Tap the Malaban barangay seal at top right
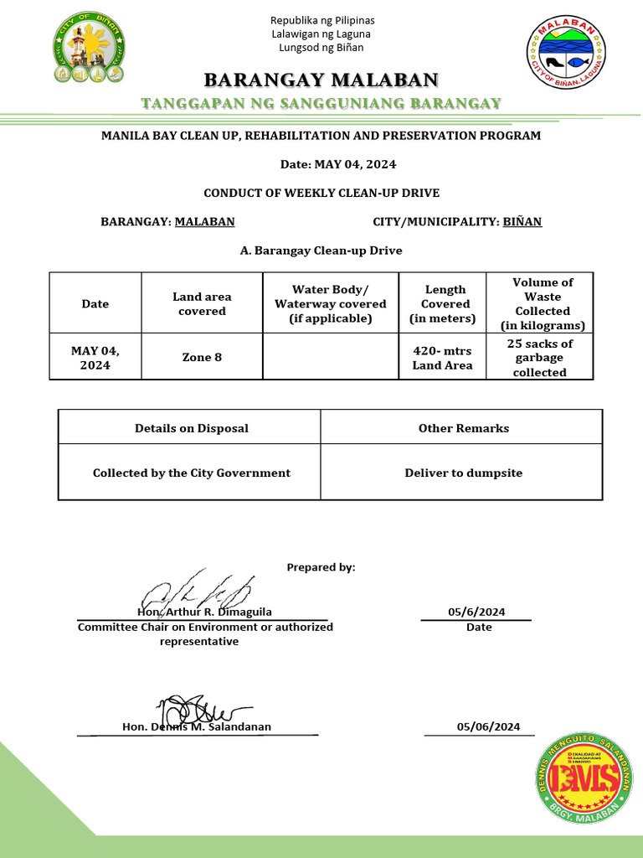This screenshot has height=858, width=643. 566,53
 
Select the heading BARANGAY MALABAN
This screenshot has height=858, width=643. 321,80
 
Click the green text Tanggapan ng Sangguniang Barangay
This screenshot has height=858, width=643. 321,104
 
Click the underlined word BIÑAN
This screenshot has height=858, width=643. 522,222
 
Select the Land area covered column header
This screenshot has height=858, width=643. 202,304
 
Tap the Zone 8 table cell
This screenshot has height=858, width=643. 202,358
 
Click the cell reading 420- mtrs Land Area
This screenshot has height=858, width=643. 442,358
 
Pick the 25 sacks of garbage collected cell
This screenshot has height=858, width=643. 540,358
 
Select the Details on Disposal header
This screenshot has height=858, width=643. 192,428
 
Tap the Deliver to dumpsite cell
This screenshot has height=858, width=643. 463,473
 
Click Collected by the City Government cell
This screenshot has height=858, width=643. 192,473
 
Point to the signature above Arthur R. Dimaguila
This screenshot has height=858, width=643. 196,592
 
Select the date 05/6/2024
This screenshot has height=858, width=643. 476,612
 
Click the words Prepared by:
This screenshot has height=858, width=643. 321,567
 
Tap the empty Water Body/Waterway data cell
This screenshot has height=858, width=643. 331,358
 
